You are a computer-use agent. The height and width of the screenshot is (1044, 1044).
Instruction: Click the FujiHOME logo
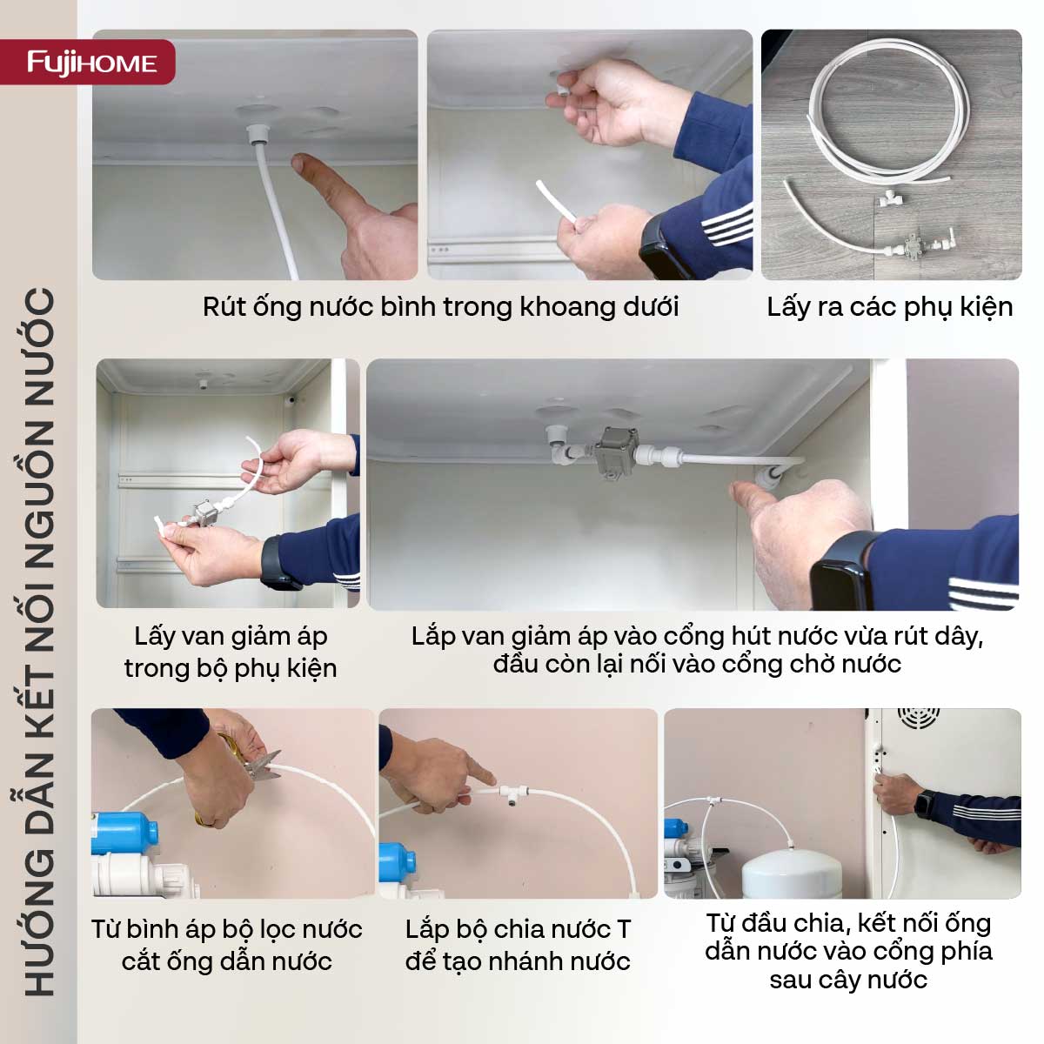tap(92, 63)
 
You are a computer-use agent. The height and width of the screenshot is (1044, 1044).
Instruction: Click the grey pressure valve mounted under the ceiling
tap(616, 452)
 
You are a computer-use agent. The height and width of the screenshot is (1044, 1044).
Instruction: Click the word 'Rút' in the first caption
tap(224, 306)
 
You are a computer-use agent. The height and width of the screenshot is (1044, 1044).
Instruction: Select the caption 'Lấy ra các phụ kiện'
tap(889, 306)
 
